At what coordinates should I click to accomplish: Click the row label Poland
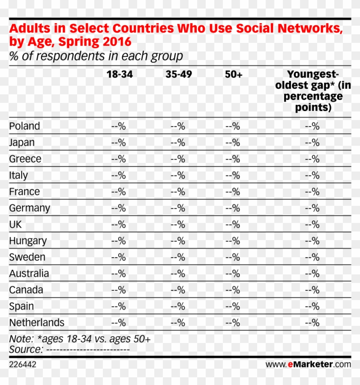[24, 126]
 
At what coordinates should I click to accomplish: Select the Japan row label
[22, 142]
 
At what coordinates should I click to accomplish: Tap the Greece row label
[25, 159]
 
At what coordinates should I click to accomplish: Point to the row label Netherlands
[37, 322]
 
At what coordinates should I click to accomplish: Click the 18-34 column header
[120, 74]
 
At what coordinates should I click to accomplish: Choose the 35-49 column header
[179, 74]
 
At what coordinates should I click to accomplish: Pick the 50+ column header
[234, 74]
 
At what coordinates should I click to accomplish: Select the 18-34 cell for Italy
[118, 175]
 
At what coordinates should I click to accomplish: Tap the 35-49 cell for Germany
[177, 208]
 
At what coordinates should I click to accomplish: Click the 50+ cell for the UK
[233, 225]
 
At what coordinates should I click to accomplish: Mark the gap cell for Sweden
[312, 257]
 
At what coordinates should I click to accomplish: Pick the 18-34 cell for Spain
[118, 306]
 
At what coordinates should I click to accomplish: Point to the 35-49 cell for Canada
[177, 290]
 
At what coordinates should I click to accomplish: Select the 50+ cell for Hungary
[233, 241]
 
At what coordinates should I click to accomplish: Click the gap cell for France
[312, 192]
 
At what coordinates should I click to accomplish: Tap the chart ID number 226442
[23, 364]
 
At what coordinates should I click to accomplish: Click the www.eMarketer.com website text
[308, 364]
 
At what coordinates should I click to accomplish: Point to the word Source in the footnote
[24, 349]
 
